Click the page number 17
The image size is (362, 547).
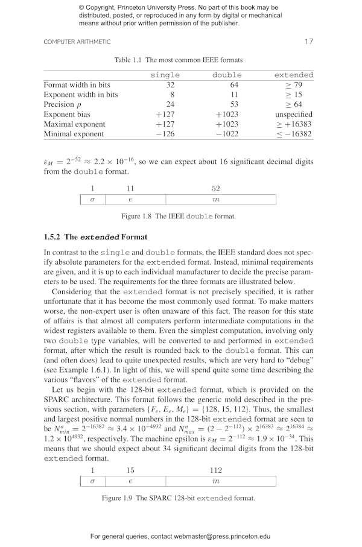[x=309, y=42]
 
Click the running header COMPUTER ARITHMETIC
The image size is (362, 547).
[x=77, y=42]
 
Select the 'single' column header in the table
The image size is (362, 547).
[x=165, y=75]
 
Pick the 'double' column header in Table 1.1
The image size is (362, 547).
[x=227, y=75]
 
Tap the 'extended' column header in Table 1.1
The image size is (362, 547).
[x=294, y=75]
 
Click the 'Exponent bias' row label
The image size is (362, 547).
[x=67, y=114]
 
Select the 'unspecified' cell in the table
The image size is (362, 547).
[x=294, y=114]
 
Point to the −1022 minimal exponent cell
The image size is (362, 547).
[x=227, y=134]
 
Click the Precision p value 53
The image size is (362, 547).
[x=227, y=104]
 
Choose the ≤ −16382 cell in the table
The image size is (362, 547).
[x=294, y=134]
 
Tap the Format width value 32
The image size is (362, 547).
[x=170, y=85]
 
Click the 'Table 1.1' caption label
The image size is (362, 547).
[x=129, y=60]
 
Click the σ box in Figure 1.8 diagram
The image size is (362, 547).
[x=92, y=200]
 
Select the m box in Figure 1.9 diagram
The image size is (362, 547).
[x=215, y=481]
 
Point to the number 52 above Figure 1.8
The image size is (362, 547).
[x=215, y=189]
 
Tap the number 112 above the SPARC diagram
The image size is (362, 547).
[x=215, y=470]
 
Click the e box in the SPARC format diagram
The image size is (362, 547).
[x=130, y=481]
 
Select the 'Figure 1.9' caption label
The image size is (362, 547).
[x=119, y=498]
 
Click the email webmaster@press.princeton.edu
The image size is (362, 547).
[x=223, y=536]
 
